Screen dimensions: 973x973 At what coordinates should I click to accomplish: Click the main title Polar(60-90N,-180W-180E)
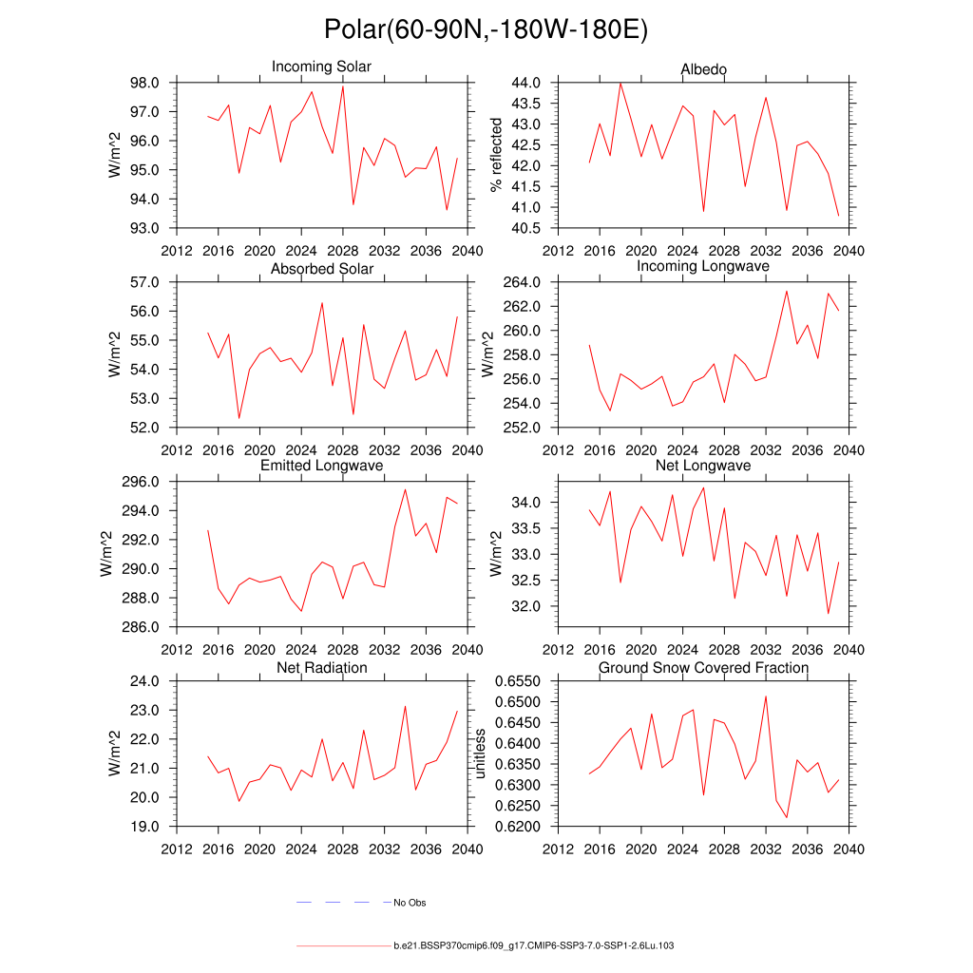pos(486,29)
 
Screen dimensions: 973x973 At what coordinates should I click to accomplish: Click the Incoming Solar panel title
pos(321,67)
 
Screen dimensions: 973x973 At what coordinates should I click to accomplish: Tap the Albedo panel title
pos(703,69)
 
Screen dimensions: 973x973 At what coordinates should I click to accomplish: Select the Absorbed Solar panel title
pos(321,269)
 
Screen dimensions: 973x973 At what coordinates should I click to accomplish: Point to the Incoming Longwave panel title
pos(703,266)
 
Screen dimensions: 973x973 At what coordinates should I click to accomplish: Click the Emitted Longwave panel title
pos(321,466)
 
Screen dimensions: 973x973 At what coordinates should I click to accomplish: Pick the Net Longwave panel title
pos(703,466)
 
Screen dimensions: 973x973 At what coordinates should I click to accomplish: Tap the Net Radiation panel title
pos(321,668)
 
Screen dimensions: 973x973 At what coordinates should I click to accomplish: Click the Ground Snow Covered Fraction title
pos(703,668)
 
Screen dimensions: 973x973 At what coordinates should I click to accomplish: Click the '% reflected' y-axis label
pos(495,155)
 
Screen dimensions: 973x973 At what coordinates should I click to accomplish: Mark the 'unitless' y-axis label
pos(480,754)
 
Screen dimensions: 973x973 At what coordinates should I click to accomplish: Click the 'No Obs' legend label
pos(410,903)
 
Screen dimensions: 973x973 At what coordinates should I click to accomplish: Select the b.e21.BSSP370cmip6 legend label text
pos(534,946)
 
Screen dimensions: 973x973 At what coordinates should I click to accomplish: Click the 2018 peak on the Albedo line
pos(620,83)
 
